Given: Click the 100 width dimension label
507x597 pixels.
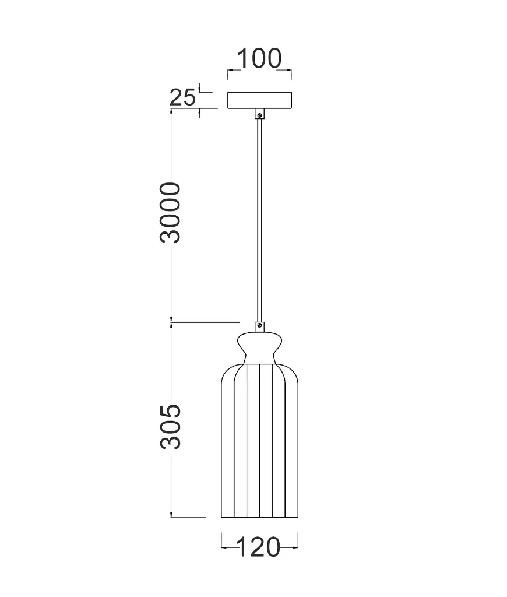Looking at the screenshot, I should click(259, 59).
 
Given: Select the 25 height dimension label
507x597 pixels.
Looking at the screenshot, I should click(182, 97).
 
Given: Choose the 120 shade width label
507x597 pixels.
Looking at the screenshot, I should click(259, 547).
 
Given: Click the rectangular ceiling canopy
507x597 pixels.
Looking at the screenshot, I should click(260, 100).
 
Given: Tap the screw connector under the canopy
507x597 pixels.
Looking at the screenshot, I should click(259, 114).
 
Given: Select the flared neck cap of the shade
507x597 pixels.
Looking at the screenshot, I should click(259, 347).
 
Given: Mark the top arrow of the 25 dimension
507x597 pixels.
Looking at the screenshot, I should click(200, 89).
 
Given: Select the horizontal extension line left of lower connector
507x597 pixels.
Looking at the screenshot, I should click(207, 321).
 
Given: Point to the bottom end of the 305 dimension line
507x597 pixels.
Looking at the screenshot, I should click(171, 516).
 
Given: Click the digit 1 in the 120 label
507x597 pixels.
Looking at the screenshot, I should click(240, 547).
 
